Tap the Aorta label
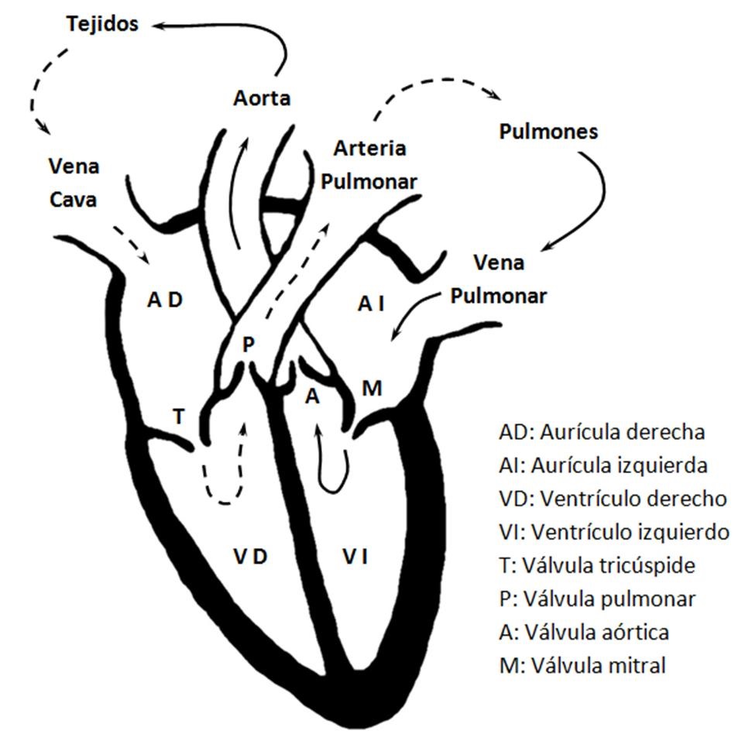pyautogui.click(x=262, y=98)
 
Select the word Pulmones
pyautogui.click(x=548, y=131)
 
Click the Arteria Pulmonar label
pyautogui.click(x=369, y=164)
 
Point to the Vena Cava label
pyautogui.click(x=74, y=183)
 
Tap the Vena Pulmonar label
pyautogui.click(x=499, y=279)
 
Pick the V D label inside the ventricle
pyautogui.click(x=250, y=555)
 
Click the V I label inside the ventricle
pyautogui.click(x=355, y=555)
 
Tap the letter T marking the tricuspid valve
pyautogui.click(x=179, y=416)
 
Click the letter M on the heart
pyautogui.click(x=372, y=388)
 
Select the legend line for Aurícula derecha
pyautogui.click(x=602, y=431)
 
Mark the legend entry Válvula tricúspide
pyautogui.click(x=597, y=565)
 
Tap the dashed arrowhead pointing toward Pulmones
pyautogui.click(x=493, y=95)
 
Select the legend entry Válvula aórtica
pyautogui.click(x=585, y=631)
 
